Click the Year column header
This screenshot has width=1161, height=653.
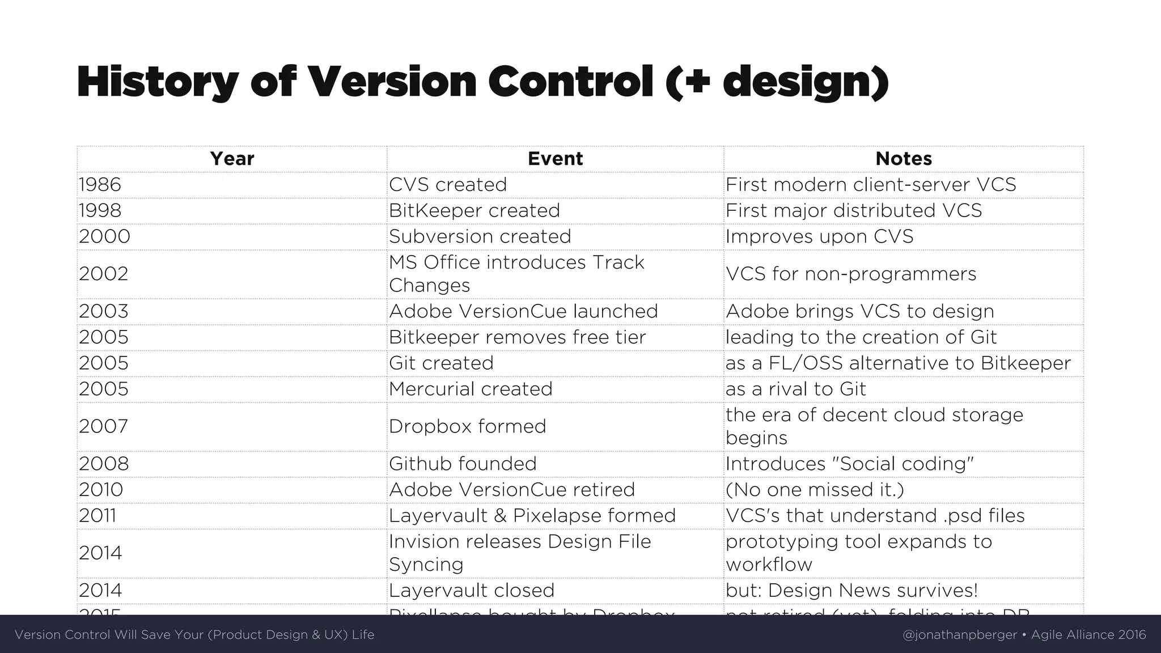[x=232, y=159]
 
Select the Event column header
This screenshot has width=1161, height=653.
[x=555, y=159]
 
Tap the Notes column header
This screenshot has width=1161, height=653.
[x=904, y=159]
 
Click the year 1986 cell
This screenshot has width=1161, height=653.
[x=100, y=185]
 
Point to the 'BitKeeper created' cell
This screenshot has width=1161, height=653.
[x=474, y=211]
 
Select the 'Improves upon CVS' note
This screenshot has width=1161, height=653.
[x=820, y=236]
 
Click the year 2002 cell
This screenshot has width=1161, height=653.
[x=104, y=274]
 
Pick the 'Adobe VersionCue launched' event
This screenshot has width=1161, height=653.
[x=523, y=311]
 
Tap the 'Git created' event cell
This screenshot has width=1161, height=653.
[x=441, y=363]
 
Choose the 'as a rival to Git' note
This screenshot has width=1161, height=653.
[x=796, y=389]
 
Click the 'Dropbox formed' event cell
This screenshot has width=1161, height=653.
[x=467, y=426]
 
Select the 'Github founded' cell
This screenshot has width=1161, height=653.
[x=463, y=464]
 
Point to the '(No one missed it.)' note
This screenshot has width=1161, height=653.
[x=815, y=490]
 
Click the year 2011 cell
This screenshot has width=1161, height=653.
[x=98, y=516]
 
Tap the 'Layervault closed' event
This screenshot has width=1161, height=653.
[x=472, y=591]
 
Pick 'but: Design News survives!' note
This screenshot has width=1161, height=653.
[x=852, y=591]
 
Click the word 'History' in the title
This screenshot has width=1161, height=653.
[x=158, y=83]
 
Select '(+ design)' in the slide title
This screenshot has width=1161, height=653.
[x=777, y=83]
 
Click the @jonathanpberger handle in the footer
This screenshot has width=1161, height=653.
[x=959, y=635]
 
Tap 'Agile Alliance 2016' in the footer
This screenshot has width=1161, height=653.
[x=1088, y=635]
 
